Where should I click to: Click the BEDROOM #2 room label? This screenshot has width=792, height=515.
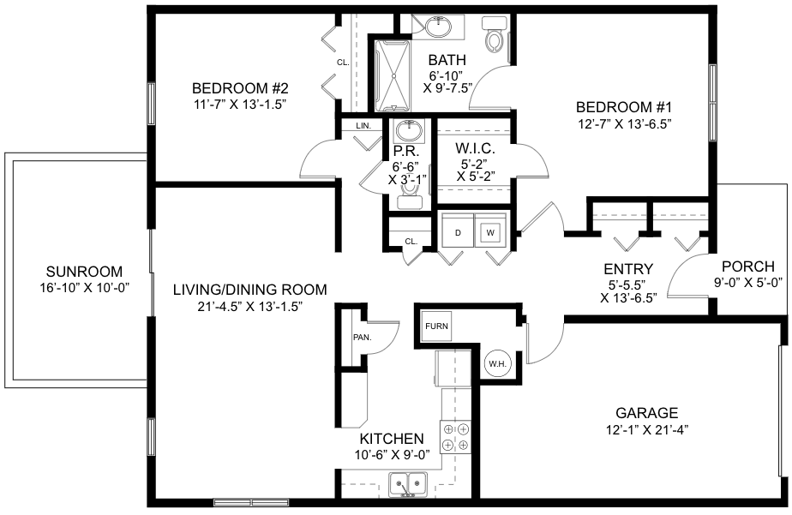tap(240, 88)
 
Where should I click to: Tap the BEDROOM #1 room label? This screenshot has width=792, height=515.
tap(624, 107)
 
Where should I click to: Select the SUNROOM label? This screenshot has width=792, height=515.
tap(84, 272)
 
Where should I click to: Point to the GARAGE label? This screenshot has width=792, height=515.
tap(646, 413)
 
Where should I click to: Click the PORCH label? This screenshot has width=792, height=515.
tap(748, 266)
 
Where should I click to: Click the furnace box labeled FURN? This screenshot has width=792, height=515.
tap(436, 326)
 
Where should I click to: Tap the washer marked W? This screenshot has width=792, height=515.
tap(490, 233)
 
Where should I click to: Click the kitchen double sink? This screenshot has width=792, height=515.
tap(408, 484)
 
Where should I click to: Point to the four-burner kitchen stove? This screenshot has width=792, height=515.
tap(456, 437)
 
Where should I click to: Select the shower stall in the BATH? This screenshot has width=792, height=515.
tap(393, 75)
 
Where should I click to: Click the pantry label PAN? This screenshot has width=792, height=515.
tap(363, 338)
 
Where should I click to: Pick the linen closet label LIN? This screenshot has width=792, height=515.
tap(363, 126)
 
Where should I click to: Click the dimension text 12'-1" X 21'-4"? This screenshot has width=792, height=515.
tap(647, 430)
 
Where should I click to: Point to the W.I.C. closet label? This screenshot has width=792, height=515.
tap(475, 148)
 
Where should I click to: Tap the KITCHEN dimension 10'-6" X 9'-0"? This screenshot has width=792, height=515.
tap(392, 455)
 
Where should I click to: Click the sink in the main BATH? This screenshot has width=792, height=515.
tap(438, 27)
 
